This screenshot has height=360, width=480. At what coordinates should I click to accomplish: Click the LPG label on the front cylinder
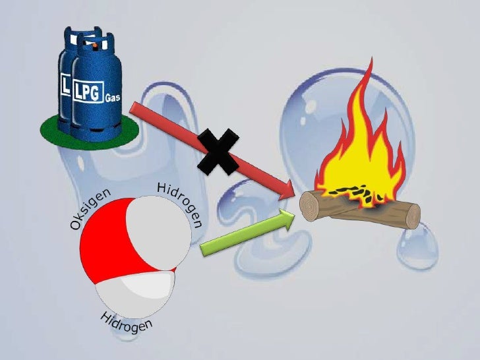click(90, 90)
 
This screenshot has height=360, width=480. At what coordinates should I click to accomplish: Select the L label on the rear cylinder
click(66, 86)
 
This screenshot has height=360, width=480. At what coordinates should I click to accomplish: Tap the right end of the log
click(413, 216)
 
